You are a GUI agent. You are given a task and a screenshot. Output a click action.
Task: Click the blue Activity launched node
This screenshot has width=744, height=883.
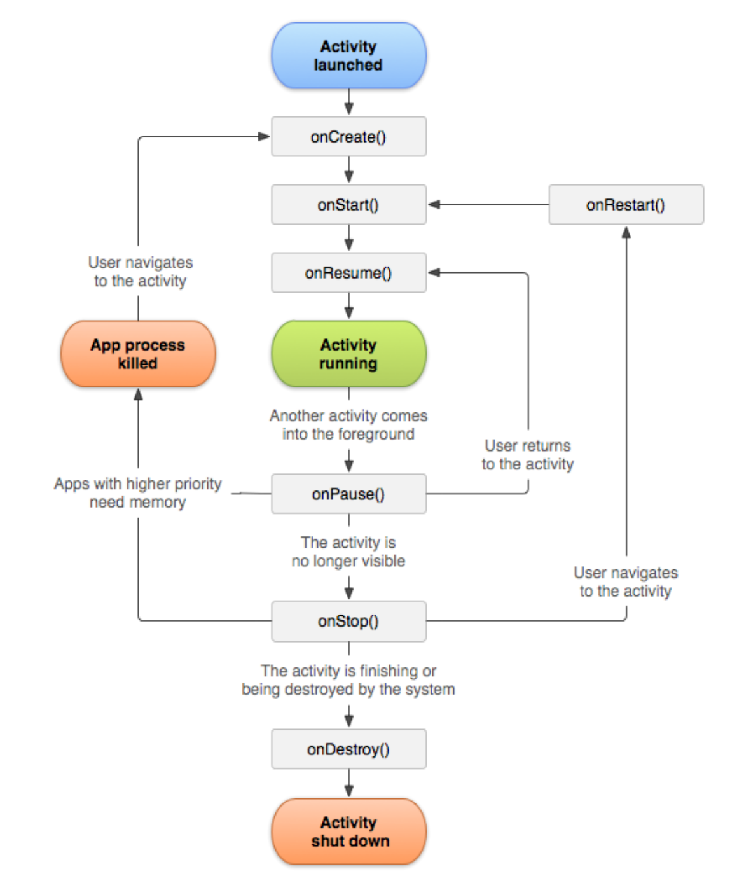(348, 55)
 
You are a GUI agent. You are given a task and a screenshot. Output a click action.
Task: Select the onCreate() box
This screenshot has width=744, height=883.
(348, 136)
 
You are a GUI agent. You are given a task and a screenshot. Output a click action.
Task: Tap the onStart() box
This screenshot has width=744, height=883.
(348, 204)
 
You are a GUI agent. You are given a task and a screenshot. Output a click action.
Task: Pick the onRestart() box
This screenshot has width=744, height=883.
(626, 204)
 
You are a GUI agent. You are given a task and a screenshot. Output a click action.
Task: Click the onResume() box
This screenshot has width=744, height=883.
(348, 272)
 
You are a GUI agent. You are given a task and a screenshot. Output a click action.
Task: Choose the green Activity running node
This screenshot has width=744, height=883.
(348, 354)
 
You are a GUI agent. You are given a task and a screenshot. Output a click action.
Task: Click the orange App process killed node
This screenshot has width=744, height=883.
(138, 354)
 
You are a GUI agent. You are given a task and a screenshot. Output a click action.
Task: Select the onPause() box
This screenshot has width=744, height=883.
(348, 494)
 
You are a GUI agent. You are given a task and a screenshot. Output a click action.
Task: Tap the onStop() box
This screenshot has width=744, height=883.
(348, 621)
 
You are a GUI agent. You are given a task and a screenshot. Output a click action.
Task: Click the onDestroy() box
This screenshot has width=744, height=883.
(348, 749)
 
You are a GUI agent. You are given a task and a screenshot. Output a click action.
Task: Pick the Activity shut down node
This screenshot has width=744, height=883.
(348, 831)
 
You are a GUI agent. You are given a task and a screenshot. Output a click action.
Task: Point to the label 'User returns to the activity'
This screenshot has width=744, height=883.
(527, 455)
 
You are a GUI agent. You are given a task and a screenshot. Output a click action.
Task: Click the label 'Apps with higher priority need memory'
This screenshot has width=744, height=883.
(138, 493)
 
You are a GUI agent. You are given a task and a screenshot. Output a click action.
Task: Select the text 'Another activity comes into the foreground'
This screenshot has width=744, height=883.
(348, 425)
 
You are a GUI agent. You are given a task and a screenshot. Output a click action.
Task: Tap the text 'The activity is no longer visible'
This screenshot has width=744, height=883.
(348, 552)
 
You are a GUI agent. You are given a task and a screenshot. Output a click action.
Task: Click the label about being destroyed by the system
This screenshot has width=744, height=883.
(348, 680)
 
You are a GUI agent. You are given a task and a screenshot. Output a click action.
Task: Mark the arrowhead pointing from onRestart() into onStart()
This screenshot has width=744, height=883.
(434, 204)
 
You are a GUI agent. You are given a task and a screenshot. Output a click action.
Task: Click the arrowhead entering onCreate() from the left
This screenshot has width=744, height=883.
(264, 136)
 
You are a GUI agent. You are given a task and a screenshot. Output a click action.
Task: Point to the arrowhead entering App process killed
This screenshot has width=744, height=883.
(138, 394)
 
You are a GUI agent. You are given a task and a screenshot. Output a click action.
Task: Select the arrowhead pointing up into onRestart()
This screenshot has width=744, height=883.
(626, 233)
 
